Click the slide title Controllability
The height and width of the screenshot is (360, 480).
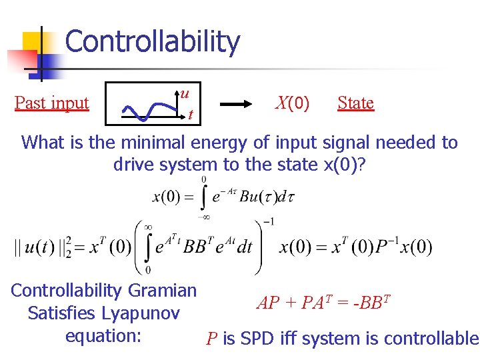152,41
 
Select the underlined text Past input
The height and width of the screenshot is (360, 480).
51,103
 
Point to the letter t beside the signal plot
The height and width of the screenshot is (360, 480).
191,115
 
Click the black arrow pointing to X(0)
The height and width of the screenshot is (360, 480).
240,104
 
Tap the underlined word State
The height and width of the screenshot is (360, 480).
355,103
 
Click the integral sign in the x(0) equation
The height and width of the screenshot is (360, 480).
205,197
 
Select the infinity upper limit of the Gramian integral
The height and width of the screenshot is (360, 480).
149,226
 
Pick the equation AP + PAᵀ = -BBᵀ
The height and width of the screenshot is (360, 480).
323,303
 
